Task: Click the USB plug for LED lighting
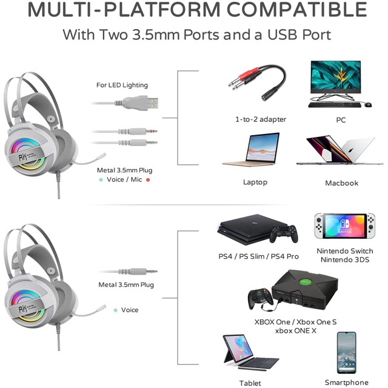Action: [x=140, y=102]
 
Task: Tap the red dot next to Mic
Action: [x=148, y=180]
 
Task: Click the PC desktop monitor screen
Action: [x=335, y=76]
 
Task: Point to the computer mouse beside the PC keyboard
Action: [x=368, y=104]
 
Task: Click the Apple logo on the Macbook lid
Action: [x=350, y=150]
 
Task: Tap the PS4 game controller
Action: [x=284, y=233]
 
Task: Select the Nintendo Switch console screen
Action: [x=345, y=226]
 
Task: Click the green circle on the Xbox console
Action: [x=305, y=282]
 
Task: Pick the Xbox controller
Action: [x=261, y=298]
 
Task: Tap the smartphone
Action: [x=346, y=353]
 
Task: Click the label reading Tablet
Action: [x=250, y=383]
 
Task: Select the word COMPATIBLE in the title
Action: [x=296, y=10]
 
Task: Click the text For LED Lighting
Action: [x=122, y=85]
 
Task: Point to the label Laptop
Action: [x=255, y=182]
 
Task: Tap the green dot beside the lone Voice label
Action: [x=115, y=310]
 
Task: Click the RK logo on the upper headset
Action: [x=23, y=156]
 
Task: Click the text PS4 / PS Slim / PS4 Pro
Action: [x=259, y=256]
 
